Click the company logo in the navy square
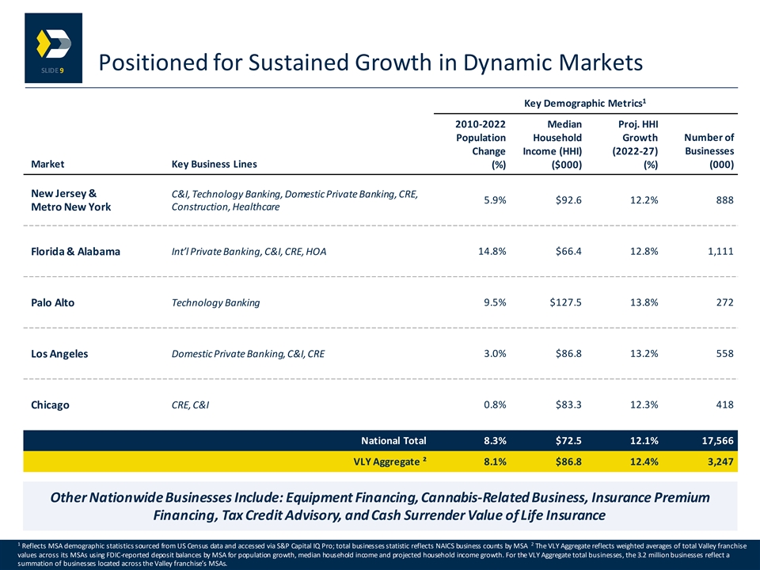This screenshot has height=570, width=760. pos(53,44)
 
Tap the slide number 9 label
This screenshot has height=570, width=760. pos(52,70)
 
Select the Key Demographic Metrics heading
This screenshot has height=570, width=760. pos(585,103)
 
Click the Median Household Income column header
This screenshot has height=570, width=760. pos(552,144)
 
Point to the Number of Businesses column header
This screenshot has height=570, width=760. pos(709,150)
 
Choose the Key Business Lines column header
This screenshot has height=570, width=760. pos(214,164)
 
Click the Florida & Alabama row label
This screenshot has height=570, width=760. pos(75,251)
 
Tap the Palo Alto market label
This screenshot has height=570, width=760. pos(52,302)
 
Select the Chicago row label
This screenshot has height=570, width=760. pos(50,405)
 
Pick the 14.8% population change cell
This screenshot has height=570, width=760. pos(492,251)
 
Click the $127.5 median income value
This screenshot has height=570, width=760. pos(565,302)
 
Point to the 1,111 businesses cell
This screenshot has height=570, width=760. pos(720,251)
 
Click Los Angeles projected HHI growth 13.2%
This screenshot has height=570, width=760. pos(644,353)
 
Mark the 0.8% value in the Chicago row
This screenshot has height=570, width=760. pos(495,405)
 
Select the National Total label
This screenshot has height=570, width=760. pos(393,441)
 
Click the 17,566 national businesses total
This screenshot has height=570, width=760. pos(718,441)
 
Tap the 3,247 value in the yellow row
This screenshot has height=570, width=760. pos(720,462)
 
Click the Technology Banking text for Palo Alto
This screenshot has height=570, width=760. pos(215,303)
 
